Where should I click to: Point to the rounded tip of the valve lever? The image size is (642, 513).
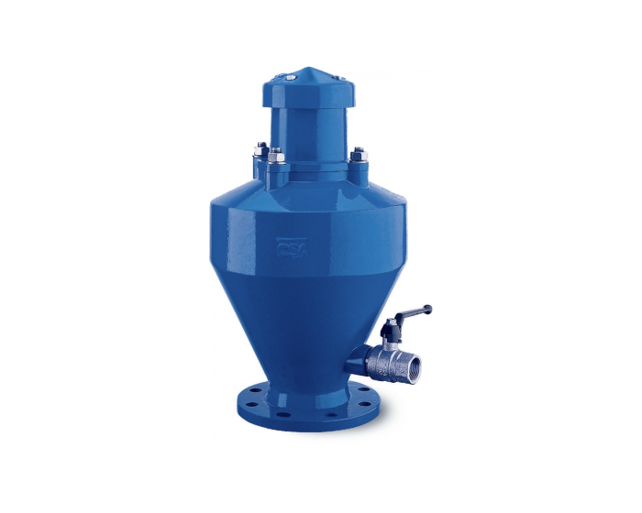coord(427,308)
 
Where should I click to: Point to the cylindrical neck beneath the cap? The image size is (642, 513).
coord(311,137)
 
